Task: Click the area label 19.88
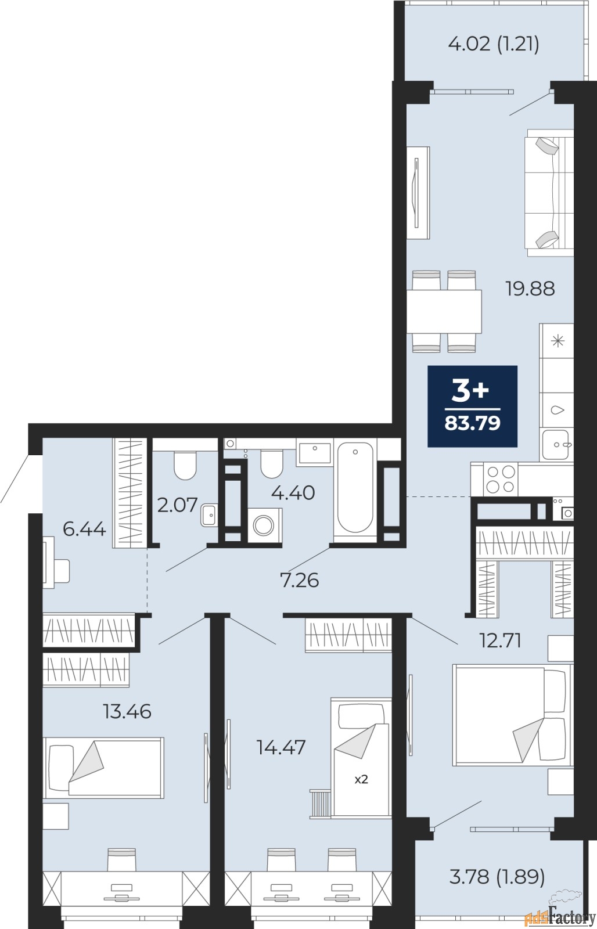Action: (x=530, y=288)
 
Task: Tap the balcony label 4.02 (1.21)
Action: (x=494, y=44)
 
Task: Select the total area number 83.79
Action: (x=473, y=423)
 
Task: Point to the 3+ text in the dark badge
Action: (x=470, y=392)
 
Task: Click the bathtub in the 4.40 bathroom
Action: (x=355, y=488)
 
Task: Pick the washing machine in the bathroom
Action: (x=264, y=525)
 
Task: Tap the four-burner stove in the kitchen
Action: (x=501, y=480)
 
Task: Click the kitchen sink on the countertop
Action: (x=556, y=445)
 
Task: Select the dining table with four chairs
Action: (x=444, y=311)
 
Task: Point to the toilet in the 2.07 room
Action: (x=185, y=465)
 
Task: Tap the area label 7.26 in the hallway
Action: (x=300, y=580)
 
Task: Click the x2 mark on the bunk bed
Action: (x=361, y=780)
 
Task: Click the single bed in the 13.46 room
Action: (x=103, y=768)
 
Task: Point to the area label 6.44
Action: (x=84, y=529)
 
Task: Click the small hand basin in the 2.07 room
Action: (x=208, y=514)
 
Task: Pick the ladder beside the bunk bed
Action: (x=321, y=805)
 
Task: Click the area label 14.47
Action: (x=281, y=747)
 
